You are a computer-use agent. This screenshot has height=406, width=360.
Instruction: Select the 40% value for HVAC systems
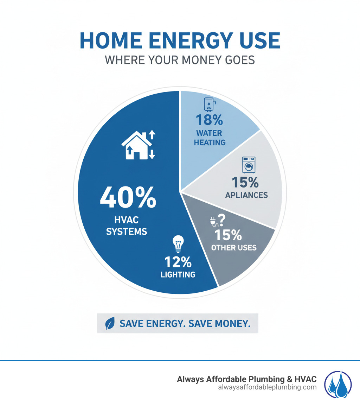coord(128,197)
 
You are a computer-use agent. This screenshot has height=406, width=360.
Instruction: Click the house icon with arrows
coord(139,145)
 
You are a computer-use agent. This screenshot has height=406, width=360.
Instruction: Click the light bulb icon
coord(178,244)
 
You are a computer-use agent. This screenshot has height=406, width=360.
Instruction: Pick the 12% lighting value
coord(178,262)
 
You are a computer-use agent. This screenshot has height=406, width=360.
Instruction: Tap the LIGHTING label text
coord(178,274)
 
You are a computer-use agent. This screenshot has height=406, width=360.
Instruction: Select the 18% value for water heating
coord(209,120)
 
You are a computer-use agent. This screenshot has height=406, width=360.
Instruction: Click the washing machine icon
coord(249,165)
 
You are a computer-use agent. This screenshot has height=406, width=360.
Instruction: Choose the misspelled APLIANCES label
coord(246,195)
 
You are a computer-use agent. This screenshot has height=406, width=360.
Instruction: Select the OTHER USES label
coord(234,248)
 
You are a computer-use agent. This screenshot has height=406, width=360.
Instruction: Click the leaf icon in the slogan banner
coord(110,324)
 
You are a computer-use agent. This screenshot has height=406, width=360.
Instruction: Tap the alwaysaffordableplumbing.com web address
coord(267,387)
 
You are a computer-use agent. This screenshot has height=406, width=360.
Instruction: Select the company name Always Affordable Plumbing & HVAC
coord(246,379)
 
